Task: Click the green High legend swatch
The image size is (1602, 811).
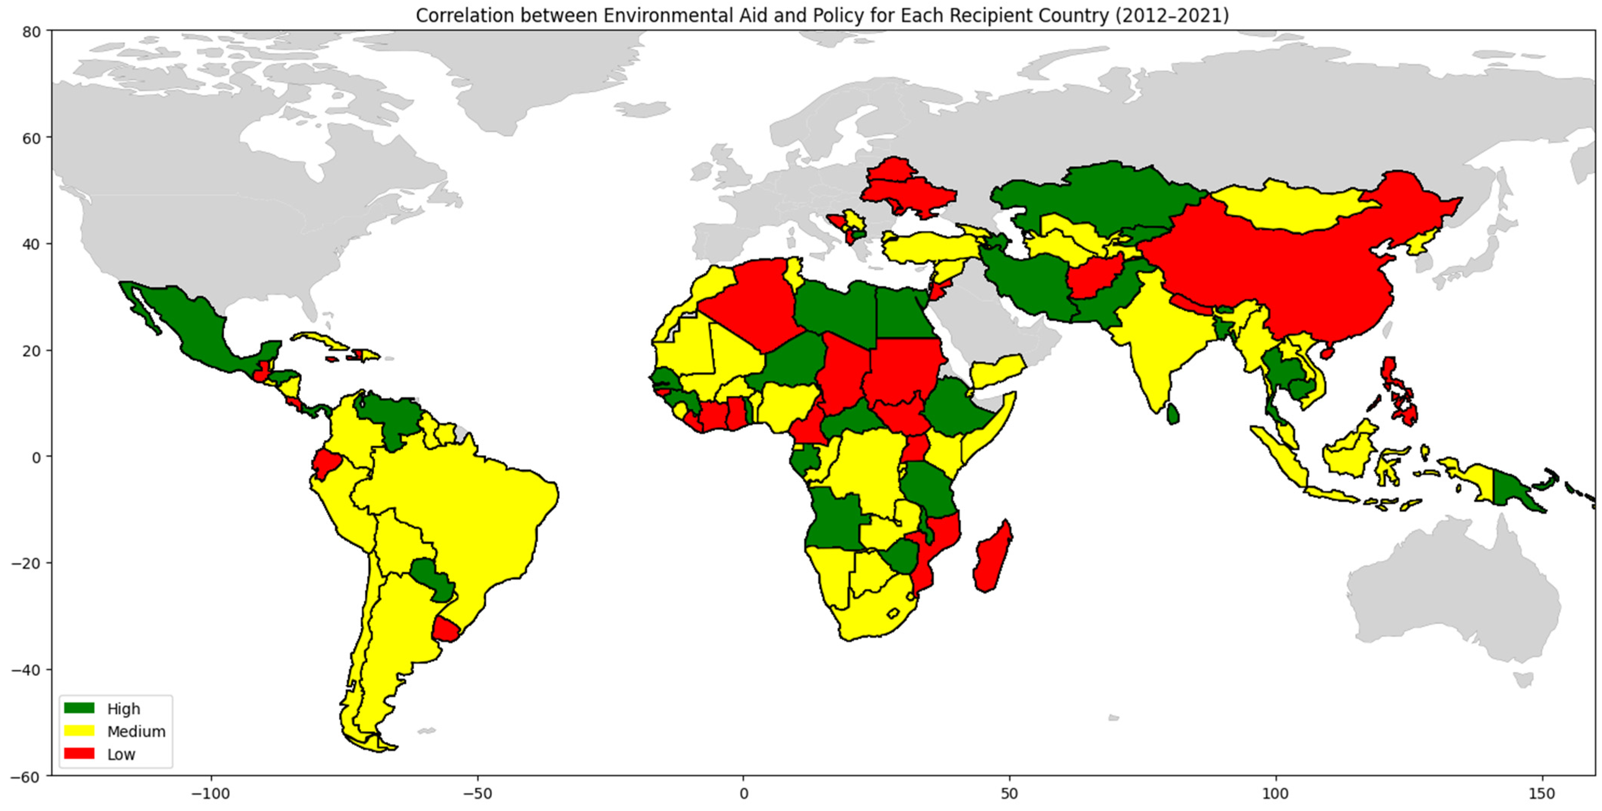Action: [x=79, y=708]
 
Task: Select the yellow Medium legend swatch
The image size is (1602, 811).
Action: [x=79, y=731]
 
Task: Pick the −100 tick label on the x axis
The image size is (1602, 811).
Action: [x=211, y=794]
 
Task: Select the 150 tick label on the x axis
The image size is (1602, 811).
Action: [x=1542, y=794]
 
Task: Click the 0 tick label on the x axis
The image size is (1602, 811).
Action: [x=744, y=794]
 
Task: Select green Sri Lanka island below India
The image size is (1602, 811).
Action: [x=1172, y=414]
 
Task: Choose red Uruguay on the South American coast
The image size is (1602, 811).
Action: [x=447, y=629]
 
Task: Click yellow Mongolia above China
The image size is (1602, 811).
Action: [x=1287, y=205]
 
